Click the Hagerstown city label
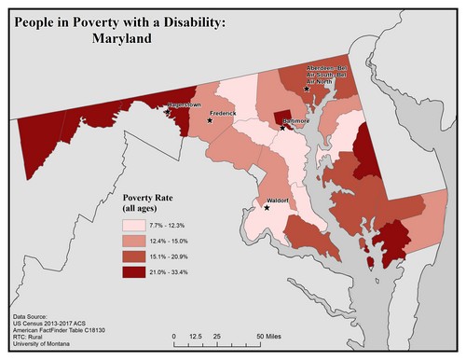tap(184, 105)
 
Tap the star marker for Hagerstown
tap(168, 112)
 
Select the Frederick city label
tap(223, 114)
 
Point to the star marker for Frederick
tap(211, 120)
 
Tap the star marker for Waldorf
tap(267, 208)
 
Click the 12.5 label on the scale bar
tap(196, 335)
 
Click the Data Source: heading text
tap(34, 317)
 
